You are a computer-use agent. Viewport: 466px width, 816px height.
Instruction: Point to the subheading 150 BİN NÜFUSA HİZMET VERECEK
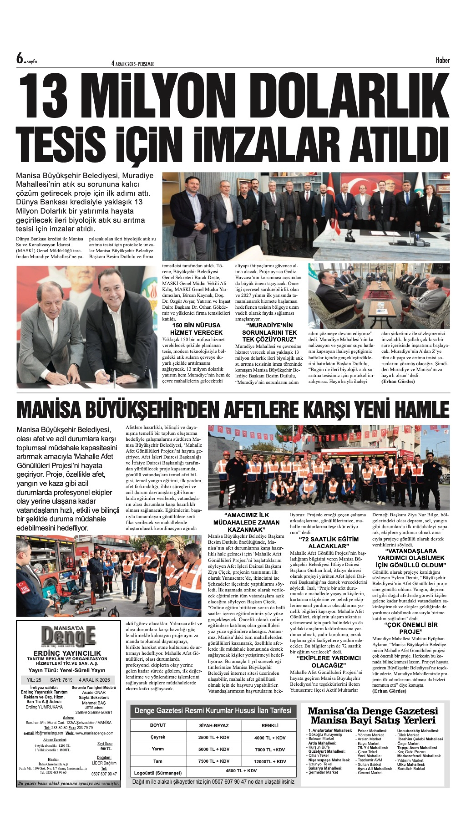(196, 329)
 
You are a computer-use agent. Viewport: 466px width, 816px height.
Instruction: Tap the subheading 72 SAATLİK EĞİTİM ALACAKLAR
(328, 543)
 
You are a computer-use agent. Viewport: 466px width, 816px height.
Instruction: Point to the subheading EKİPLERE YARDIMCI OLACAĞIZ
(329, 662)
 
